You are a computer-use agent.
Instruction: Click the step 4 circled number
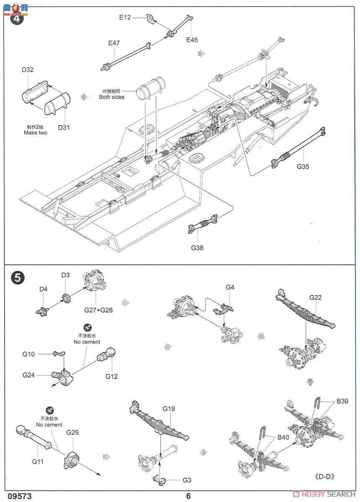click(17, 18)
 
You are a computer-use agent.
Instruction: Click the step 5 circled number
click(17, 277)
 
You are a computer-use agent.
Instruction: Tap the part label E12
click(125, 17)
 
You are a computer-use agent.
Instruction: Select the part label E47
click(114, 43)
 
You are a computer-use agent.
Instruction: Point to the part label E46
click(192, 40)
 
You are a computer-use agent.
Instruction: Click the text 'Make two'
click(36, 133)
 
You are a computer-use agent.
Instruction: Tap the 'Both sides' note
click(111, 97)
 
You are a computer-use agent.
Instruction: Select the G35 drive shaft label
click(303, 166)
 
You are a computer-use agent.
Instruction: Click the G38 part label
click(197, 248)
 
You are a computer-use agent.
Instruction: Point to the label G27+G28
click(98, 310)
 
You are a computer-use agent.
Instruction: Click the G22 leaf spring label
click(316, 297)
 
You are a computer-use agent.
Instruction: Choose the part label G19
click(169, 408)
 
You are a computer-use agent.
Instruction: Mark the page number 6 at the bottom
click(189, 496)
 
